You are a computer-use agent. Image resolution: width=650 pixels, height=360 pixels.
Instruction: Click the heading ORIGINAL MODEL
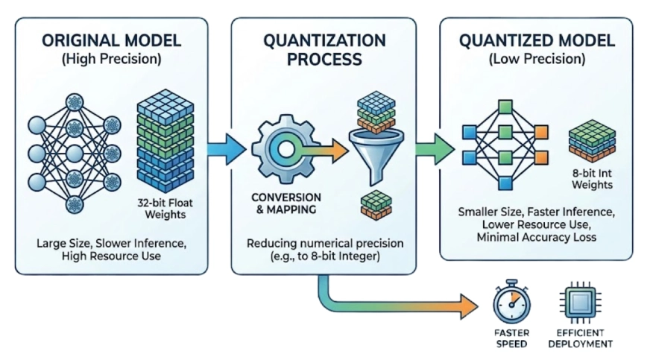(110, 42)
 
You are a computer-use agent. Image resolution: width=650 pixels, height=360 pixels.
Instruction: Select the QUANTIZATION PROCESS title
(324, 49)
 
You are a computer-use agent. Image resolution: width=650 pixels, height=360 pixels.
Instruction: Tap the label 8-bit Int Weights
(592, 178)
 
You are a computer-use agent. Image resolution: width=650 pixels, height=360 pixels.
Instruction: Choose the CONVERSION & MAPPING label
(286, 203)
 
